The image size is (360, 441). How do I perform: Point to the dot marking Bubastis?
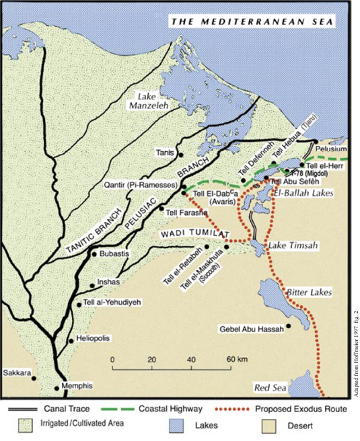pos(94,255)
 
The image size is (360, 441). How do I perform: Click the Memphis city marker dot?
pos(57,388)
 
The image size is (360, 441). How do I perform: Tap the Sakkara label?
pos(17,372)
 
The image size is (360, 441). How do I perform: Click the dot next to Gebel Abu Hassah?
pos(289,327)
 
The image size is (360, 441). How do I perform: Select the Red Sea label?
pos(271,388)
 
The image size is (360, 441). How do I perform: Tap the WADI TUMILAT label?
pos(195,233)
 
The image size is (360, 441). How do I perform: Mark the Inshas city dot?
pos(92,286)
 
